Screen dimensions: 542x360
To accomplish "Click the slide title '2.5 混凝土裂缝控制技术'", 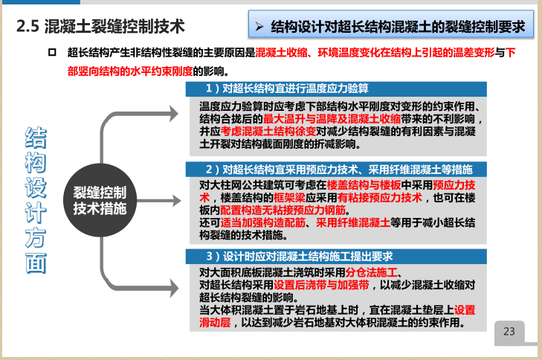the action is [x=100, y=27].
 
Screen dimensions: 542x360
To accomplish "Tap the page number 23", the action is [x=509, y=332].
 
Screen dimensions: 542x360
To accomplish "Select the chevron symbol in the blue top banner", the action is [x=259, y=27].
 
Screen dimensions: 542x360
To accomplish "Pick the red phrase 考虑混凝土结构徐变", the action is [x=262, y=131].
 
